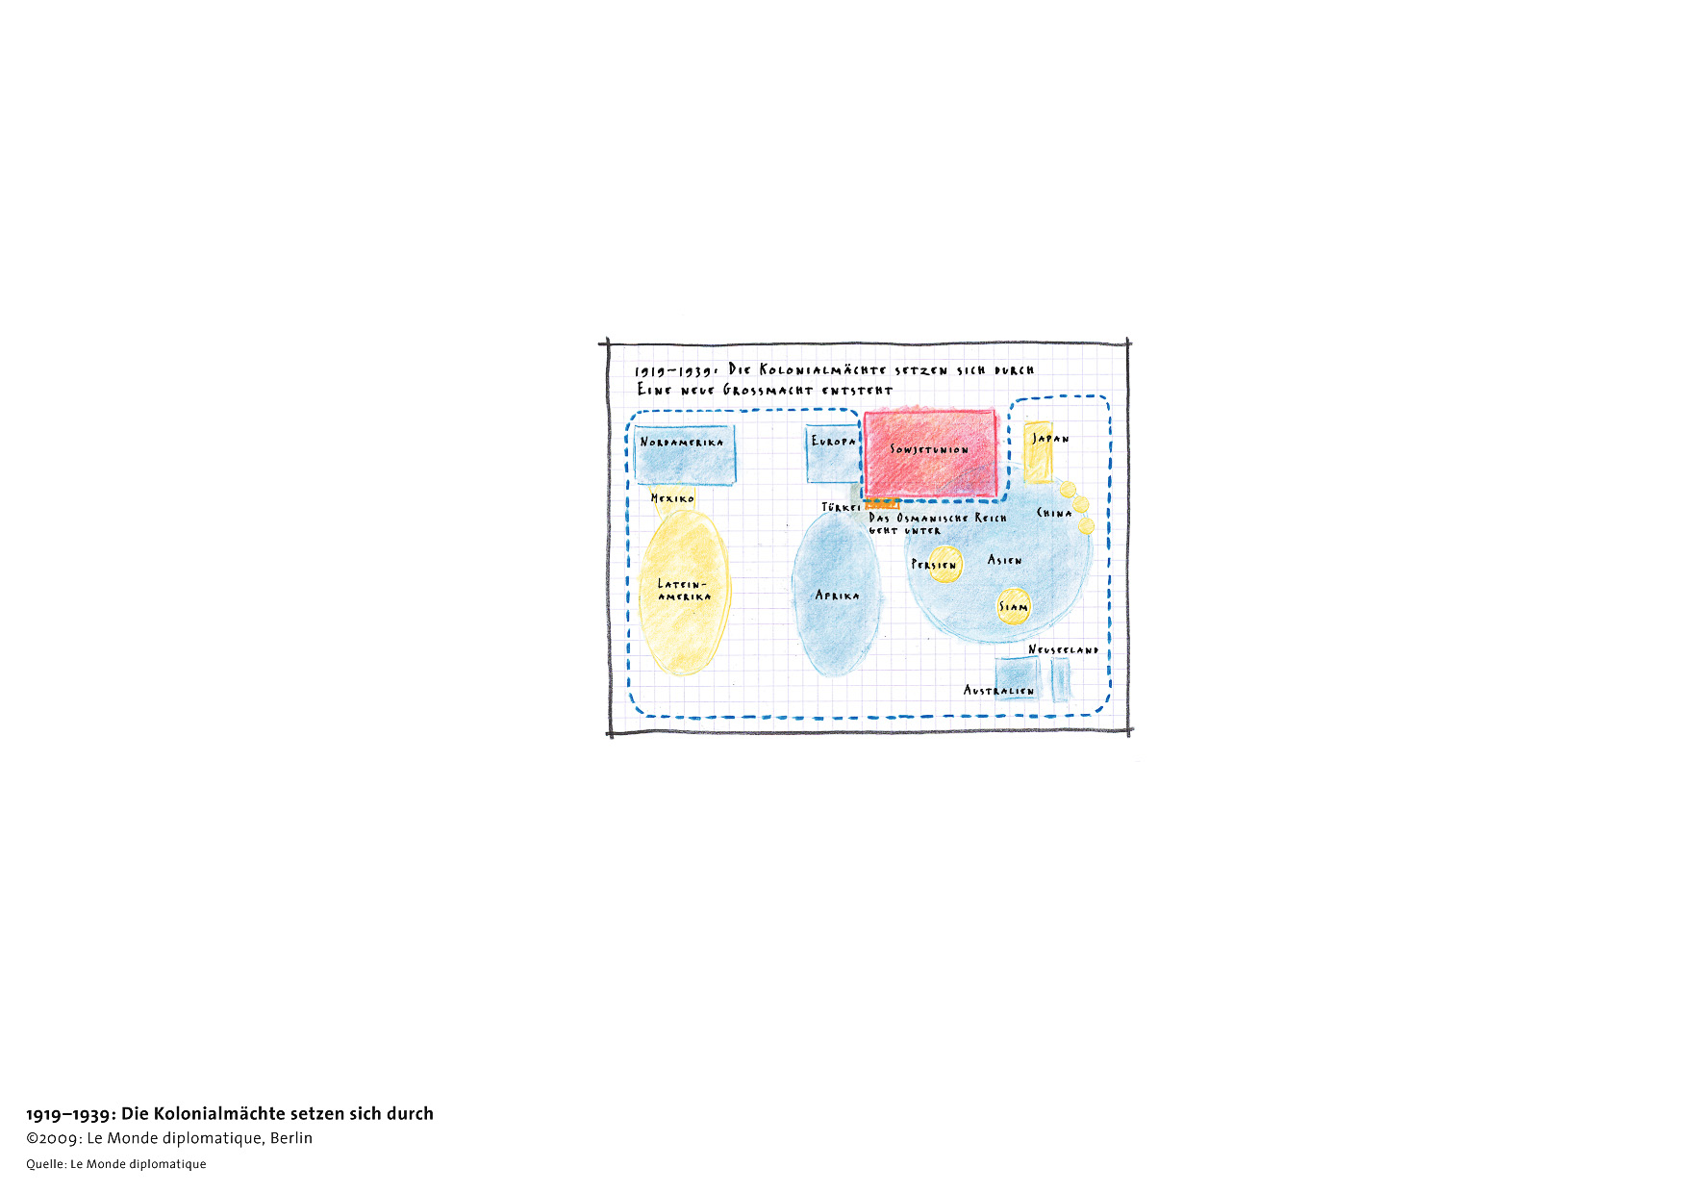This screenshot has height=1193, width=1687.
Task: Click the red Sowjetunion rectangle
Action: [930, 454]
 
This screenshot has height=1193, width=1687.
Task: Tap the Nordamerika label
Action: [682, 443]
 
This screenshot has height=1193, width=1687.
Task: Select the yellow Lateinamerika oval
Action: [684, 592]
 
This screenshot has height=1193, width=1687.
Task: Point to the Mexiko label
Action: [672, 498]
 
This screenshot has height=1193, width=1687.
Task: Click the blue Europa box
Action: [833, 453]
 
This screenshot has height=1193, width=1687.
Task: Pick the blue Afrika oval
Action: [836, 594]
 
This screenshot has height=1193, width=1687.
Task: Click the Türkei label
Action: [842, 507]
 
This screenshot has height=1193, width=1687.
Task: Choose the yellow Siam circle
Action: [1013, 606]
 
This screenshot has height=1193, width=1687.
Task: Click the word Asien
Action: [1005, 560]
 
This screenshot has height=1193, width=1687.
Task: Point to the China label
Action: [1054, 513]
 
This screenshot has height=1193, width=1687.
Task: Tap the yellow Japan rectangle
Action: [1038, 452]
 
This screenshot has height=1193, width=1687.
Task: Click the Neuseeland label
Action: [1063, 650]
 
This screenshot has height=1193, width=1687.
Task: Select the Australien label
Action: [999, 691]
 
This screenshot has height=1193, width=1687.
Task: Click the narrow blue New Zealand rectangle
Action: [1061, 679]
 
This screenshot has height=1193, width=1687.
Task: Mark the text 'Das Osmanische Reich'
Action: [938, 518]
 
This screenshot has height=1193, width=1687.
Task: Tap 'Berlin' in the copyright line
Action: [291, 1138]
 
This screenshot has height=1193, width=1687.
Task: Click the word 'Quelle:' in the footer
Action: [46, 1164]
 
